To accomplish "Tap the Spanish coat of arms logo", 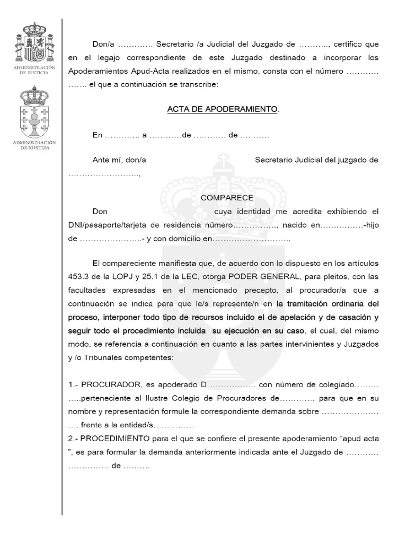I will (34, 45).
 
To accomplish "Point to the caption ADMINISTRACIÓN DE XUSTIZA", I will (34, 145).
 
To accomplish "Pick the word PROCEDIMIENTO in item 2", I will (115, 439).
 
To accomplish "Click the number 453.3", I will (80, 276).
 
